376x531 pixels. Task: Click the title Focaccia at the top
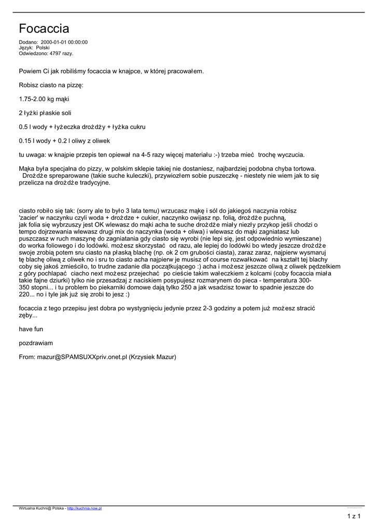(x=44, y=28)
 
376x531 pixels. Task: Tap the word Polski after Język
(x=43, y=48)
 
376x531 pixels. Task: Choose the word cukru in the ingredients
(x=135, y=127)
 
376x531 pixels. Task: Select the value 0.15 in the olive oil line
(x=25, y=141)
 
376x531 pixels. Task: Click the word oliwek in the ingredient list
(x=100, y=141)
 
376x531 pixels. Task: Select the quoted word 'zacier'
(x=30, y=218)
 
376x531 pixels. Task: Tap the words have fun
(x=32, y=329)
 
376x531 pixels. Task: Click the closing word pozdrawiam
(x=36, y=343)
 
